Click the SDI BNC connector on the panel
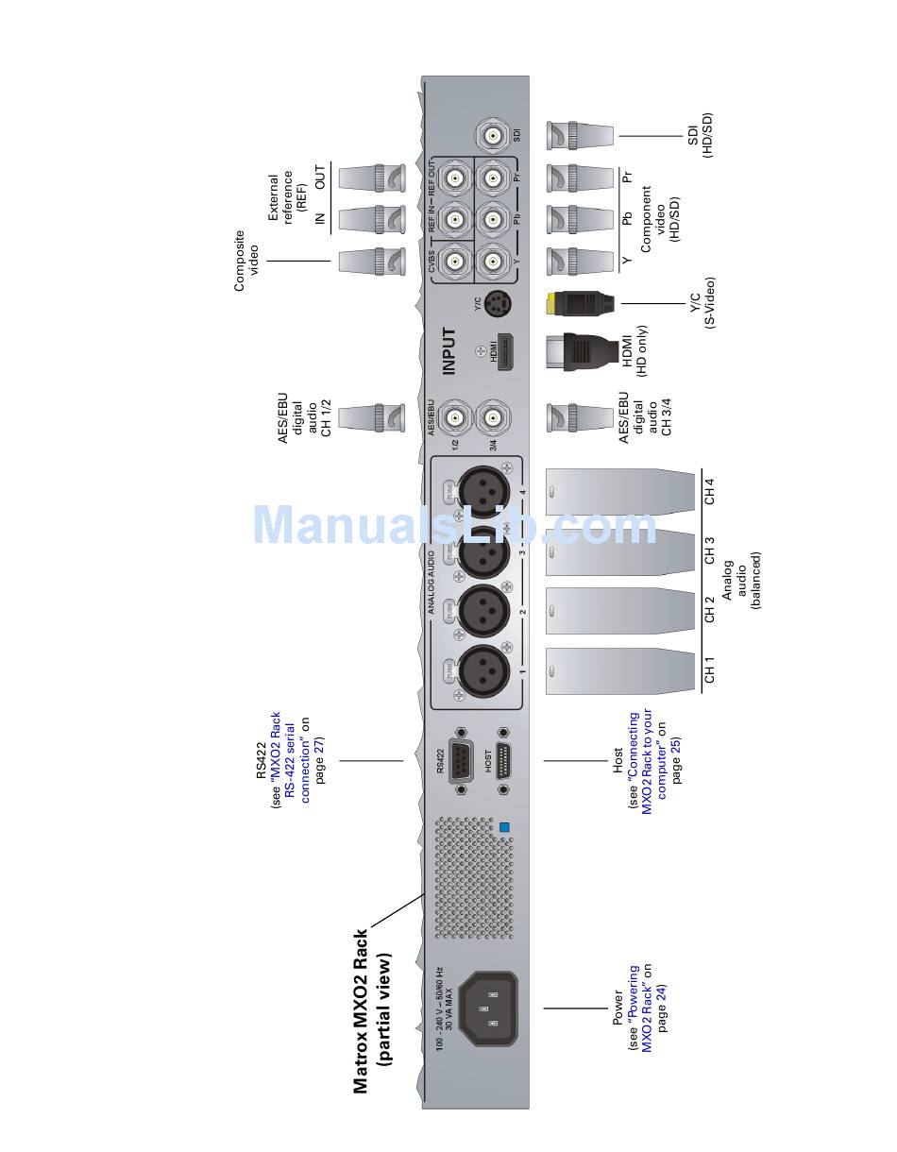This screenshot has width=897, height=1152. click(x=493, y=135)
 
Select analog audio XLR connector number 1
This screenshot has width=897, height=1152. click(x=484, y=671)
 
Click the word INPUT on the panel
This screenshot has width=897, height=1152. click(x=449, y=351)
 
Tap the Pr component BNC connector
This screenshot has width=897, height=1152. click(x=492, y=178)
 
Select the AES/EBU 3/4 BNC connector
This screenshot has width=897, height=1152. click(x=492, y=416)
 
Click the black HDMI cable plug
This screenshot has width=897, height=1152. click(x=579, y=352)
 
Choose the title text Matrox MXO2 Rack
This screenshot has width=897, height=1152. click(x=361, y=1010)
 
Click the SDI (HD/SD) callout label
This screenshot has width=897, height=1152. click(x=702, y=137)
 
